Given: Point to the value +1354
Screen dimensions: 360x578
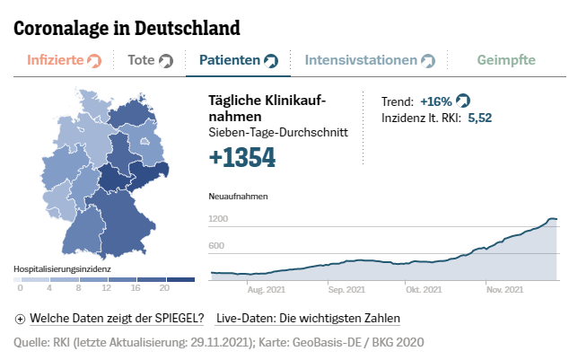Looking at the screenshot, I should point(241,158).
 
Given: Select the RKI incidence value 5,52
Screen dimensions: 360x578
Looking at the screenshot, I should point(479,118).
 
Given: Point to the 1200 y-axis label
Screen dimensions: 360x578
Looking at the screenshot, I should point(218,218).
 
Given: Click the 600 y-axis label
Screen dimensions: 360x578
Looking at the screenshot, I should point(216,245).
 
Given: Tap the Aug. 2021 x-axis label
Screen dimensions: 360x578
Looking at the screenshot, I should point(267,289).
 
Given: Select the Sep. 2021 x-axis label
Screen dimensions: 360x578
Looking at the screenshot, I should point(346,289).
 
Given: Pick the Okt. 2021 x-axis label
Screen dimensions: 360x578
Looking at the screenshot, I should point(424,289).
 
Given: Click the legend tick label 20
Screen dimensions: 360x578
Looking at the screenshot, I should point(163,288).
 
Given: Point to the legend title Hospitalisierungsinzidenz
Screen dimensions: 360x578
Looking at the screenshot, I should point(62,268).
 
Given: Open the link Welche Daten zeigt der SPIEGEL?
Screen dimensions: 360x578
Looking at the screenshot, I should point(117,318).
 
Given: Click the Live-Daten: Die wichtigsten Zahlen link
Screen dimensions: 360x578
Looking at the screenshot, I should point(308,318).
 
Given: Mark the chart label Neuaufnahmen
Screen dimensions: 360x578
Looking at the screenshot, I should point(232,196).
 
